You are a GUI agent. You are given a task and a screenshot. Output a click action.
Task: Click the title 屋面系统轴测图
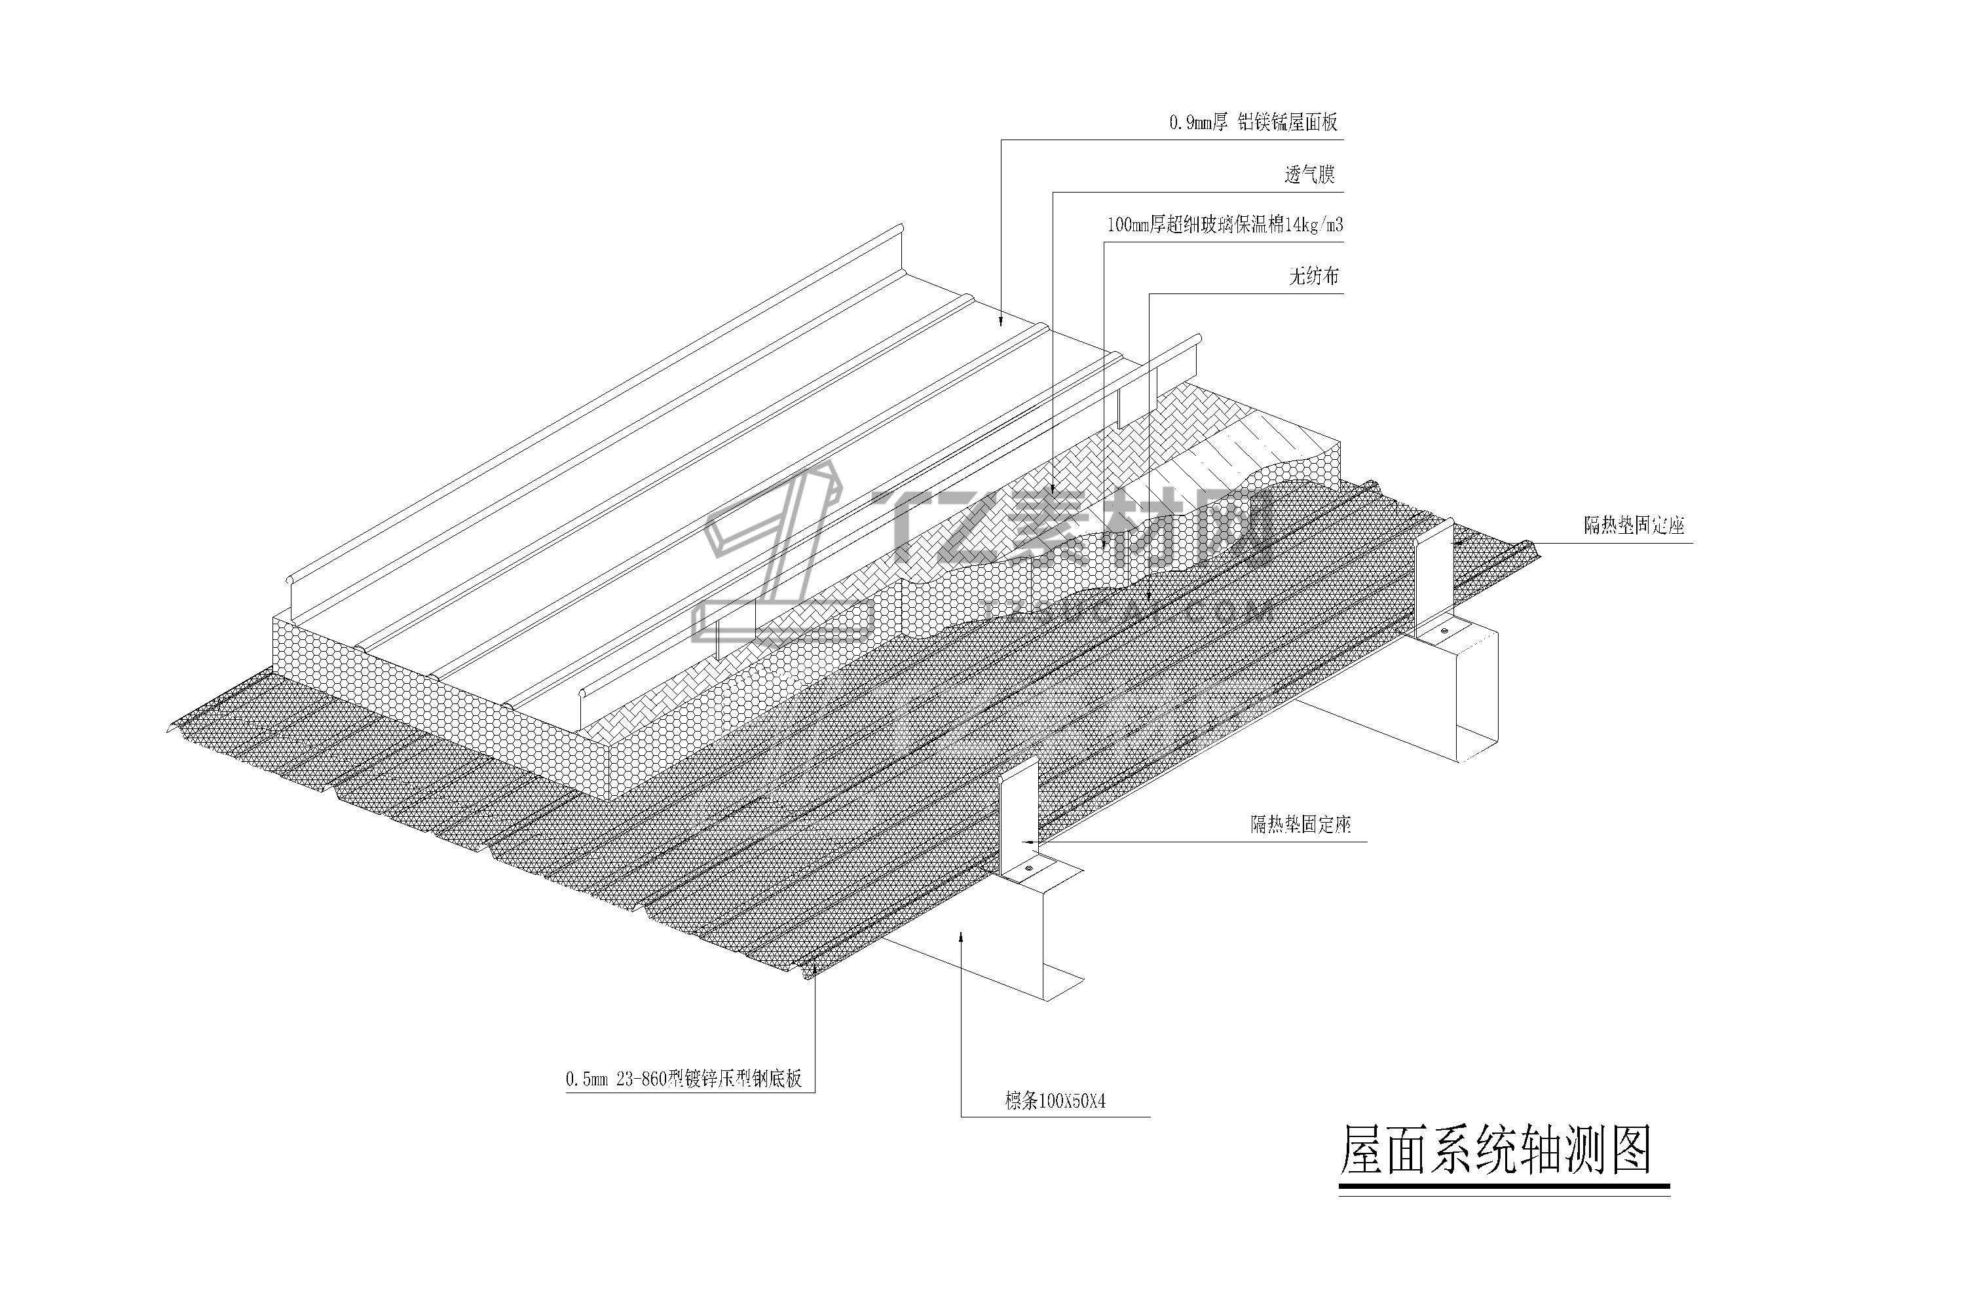1495,1152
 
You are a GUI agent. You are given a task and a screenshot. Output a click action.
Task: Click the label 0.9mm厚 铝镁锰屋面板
1252,123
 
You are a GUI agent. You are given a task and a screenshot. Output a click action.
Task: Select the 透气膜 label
1309,175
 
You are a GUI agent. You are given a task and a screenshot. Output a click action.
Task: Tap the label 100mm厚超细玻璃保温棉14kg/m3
1224,225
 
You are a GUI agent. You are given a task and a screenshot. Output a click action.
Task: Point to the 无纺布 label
1314,276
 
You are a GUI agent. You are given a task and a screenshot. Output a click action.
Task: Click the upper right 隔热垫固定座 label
1634,525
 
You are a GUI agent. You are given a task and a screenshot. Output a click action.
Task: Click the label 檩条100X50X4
1055,1102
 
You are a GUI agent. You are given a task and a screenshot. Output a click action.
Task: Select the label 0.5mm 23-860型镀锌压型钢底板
683,1079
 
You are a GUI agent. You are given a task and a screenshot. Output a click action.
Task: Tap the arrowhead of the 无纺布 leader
1150,597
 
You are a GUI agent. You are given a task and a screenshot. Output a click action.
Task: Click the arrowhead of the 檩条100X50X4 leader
962,937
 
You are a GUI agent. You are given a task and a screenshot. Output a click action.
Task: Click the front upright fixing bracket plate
1019,815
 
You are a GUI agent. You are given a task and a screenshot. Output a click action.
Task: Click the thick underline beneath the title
1504,1186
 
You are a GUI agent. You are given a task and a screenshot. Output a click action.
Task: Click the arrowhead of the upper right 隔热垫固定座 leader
1459,542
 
